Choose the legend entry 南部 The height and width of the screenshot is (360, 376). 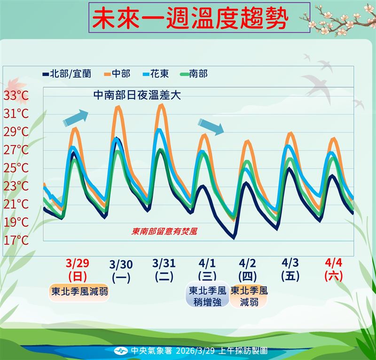point(197,73)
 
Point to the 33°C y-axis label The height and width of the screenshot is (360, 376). point(16,96)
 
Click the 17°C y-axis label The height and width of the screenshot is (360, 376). point(16,240)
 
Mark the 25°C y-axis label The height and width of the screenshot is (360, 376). point(16,168)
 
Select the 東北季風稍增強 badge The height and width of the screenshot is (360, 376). point(207,296)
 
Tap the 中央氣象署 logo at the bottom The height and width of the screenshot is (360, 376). point(121,351)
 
